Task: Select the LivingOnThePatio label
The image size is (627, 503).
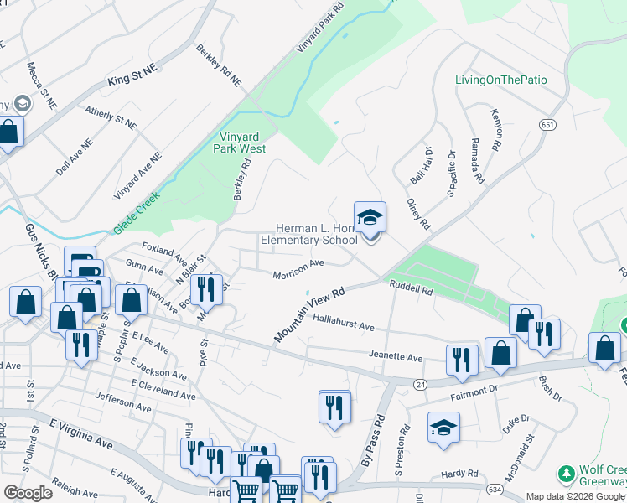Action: (x=500, y=80)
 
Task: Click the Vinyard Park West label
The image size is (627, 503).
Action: (x=242, y=143)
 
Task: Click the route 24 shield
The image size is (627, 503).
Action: (x=419, y=382)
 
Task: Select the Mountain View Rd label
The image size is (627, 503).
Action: (x=309, y=316)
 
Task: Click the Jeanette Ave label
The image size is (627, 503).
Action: (x=396, y=356)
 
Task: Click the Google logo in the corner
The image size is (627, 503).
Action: (x=28, y=493)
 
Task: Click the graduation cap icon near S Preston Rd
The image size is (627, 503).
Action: (x=443, y=428)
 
